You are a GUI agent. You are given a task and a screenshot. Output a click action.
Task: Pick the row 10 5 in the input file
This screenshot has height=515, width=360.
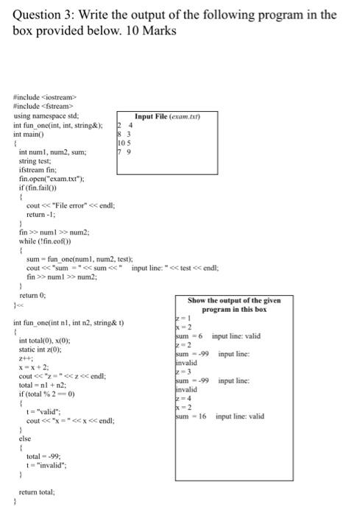click(123, 144)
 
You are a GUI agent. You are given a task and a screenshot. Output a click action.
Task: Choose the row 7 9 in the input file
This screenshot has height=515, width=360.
click(123, 153)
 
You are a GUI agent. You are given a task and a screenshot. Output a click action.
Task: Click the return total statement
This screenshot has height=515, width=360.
click(38, 491)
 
